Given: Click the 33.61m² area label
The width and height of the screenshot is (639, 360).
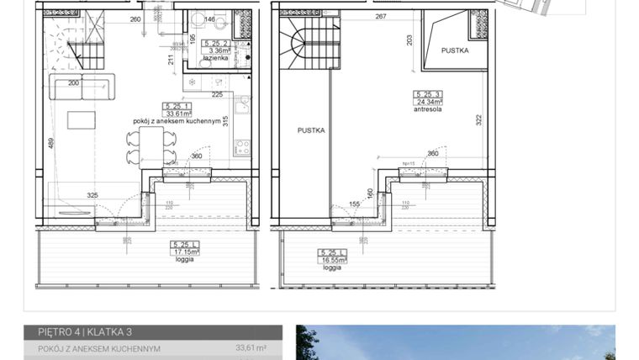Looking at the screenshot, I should [x=177, y=114].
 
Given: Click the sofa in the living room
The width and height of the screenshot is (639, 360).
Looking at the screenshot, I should [x=82, y=87].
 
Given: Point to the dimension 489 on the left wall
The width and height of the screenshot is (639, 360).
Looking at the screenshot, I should [x=50, y=143].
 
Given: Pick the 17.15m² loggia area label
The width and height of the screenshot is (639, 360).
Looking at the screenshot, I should [x=184, y=251].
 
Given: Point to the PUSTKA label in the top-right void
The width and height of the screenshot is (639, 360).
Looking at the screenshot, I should [x=455, y=50].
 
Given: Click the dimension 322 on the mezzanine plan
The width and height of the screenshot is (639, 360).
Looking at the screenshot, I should [x=478, y=119].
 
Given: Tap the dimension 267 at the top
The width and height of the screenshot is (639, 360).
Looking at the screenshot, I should [x=380, y=16].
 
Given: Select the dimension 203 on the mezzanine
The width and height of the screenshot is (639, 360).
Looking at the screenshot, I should [x=409, y=40].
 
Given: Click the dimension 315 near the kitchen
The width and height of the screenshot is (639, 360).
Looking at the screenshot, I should [x=225, y=119].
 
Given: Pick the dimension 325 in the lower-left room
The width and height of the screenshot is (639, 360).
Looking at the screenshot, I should [x=92, y=195].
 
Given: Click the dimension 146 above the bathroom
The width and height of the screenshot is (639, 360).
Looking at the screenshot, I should [x=209, y=19].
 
